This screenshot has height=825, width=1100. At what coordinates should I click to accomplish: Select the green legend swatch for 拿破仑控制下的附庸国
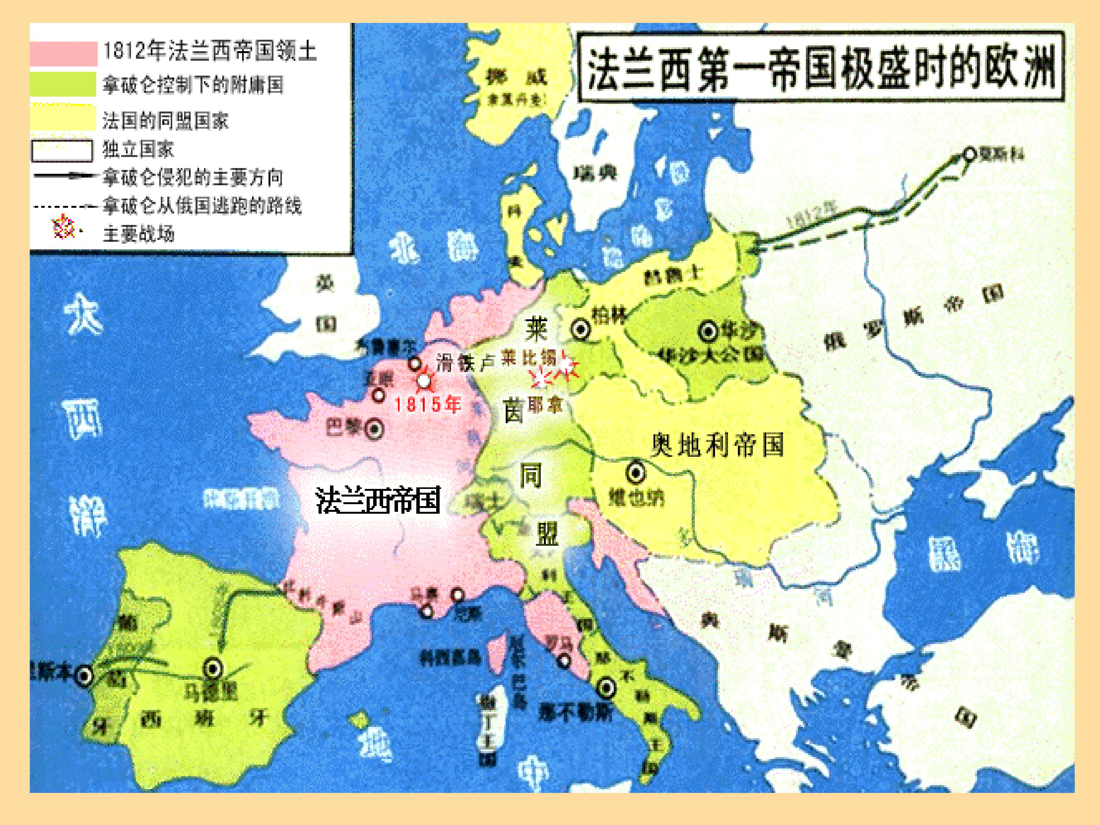[x=63, y=84]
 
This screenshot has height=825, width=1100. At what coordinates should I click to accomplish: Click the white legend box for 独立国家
[x=62, y=150]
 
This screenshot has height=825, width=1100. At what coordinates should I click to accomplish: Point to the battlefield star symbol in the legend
[x=64, y=229]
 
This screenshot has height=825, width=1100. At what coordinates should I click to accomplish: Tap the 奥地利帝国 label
[x=718, y=444]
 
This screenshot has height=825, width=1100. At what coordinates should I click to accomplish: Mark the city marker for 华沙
[x=709, y=331]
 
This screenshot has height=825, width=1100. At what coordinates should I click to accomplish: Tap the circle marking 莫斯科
[x=970, y=154]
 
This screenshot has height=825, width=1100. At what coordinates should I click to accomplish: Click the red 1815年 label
[x=428, y=404]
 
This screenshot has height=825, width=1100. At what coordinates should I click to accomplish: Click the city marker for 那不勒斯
[x=606, y=688]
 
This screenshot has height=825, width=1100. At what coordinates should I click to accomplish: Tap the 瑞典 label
[x=595, y=173]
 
